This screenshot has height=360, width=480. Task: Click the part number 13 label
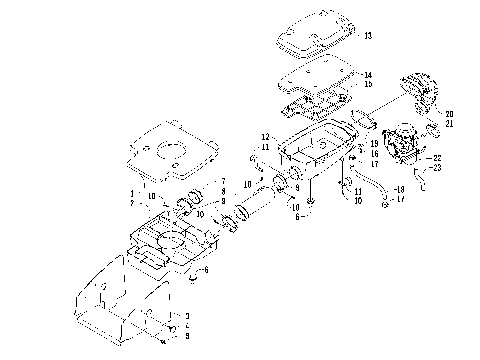point(369,36)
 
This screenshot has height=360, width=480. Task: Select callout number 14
point(369,75)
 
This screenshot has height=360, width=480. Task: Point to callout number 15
point(369,84)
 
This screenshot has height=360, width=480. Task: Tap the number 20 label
point(449,114)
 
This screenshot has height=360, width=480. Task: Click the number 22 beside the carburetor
point(436,158)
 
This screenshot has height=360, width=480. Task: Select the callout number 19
point(374,144)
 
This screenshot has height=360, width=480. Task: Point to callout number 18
point(400,189)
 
